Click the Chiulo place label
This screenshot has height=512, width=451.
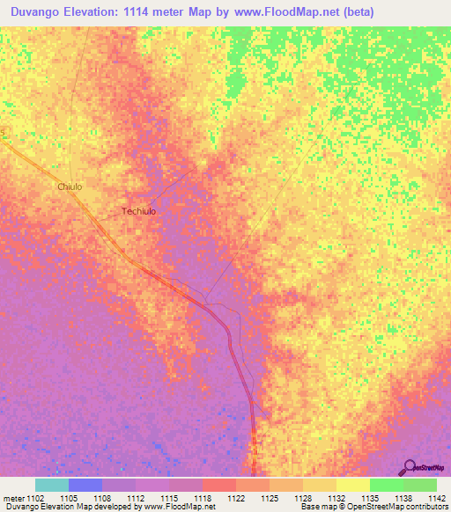pos(70,187)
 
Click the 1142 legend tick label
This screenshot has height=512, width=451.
pos(436,497)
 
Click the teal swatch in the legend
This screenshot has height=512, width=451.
pos(51,485)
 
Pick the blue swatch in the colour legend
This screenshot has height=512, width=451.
pos(85,485)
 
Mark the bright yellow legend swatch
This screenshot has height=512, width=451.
pos(352,485)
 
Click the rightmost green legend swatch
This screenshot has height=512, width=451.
pos(420,485)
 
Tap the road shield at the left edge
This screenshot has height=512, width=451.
pos(3,133)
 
